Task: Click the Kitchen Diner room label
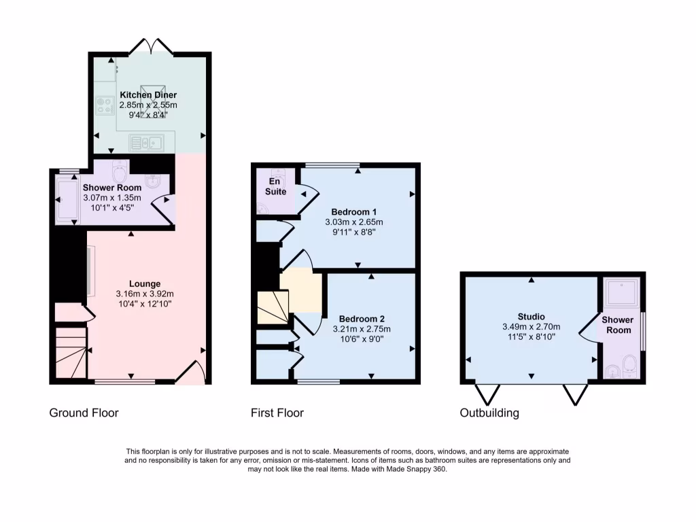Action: pyautogui.click(x=148, y=95)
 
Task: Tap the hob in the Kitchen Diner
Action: pyautogui.click(x=105, y=106)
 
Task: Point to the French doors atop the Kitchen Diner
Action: pyautogui.click(x=151, y=47)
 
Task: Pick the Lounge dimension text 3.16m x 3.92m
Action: pyautogui.click(x=145, y=294)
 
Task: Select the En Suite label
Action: pyautogui.click(x=276, y=187)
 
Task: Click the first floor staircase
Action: pyautogui.click(x=272, y=307)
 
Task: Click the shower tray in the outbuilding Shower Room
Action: pyautogui.click(x=622, y=292)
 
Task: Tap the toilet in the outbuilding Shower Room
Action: pyautogui.click(x=630, y=364)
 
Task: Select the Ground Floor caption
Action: pyautogui.click(x=84, y=413)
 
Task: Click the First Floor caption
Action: pyautogui.click(x=277, y=413)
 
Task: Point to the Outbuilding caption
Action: pyautogui.click(x=489, y=413)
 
